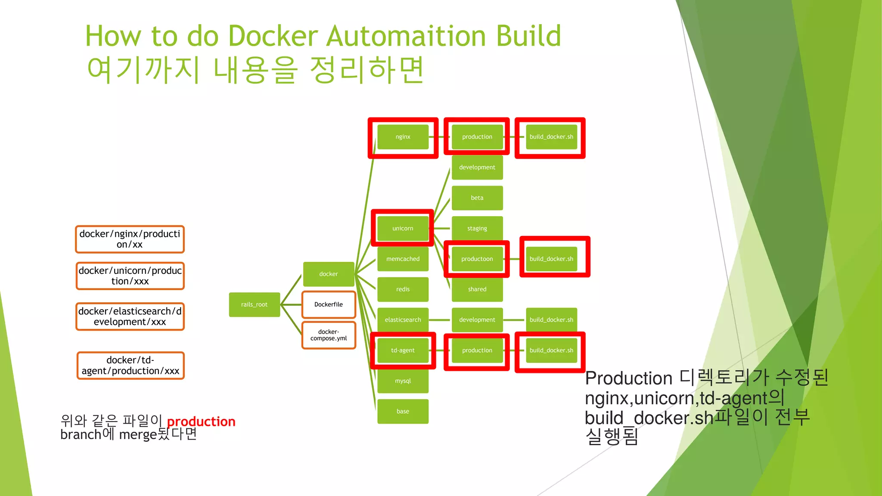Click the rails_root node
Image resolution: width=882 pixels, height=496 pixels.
tap(254, 304)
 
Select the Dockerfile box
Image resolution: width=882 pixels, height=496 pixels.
tap(329, 304)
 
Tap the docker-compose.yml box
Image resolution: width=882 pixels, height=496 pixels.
tap(329, 335)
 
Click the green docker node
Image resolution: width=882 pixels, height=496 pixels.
tap(329, 274)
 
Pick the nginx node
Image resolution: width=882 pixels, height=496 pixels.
tap(403, 137)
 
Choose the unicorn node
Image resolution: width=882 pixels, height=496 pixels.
tap(403, 228)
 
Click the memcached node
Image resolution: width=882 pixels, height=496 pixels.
tap(403, 259)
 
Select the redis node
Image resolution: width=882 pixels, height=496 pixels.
tap(403, 289)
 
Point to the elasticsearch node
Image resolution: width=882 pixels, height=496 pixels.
tap(403, 320)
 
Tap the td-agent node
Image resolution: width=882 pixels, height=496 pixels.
tap(403, 350)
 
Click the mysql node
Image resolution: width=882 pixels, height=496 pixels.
tap(403, 381)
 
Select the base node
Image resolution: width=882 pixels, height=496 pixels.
tap(403, 411)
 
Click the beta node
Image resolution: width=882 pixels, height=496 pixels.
tap(477, 198)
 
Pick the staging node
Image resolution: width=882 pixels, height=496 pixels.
tap(477, 228)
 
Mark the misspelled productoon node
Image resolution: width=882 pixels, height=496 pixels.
tap(477, 259)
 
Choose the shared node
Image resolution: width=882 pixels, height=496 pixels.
tap(477, 289)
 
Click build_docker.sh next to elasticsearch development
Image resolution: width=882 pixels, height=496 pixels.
tap(551, 320)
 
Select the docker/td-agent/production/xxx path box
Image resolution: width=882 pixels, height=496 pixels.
tap(130, 366)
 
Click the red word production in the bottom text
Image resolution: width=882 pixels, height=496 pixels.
tap(201, 422)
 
